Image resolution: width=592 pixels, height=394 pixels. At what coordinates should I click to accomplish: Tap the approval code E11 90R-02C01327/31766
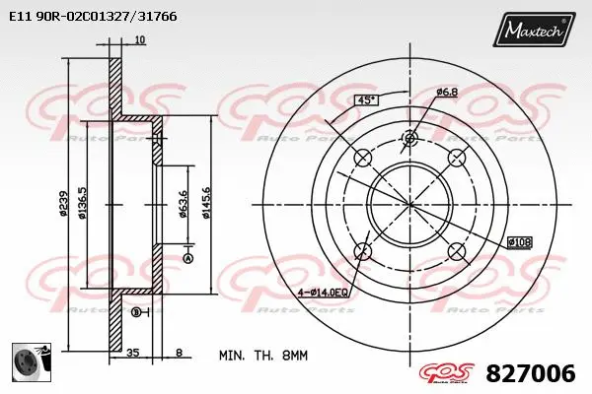click(86, 17)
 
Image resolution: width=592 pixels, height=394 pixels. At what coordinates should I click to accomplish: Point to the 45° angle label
click(365, 100)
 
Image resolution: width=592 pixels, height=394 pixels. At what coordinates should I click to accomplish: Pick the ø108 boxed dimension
click(519, 241)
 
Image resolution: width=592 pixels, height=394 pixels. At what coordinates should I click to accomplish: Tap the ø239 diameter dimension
click(63, 202)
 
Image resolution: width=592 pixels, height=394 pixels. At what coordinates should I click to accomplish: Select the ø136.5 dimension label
click(83, 202)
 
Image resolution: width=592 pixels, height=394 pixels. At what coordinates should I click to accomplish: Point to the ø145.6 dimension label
click(206, 203)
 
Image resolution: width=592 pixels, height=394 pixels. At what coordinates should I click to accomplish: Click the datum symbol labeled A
click(186, 258)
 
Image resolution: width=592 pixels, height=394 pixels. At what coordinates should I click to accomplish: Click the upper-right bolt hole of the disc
click(456, 159)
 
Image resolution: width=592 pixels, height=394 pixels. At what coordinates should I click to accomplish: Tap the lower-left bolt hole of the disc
click(363, 250)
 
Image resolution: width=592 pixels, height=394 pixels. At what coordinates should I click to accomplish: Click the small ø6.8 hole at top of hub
click(409, 139)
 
